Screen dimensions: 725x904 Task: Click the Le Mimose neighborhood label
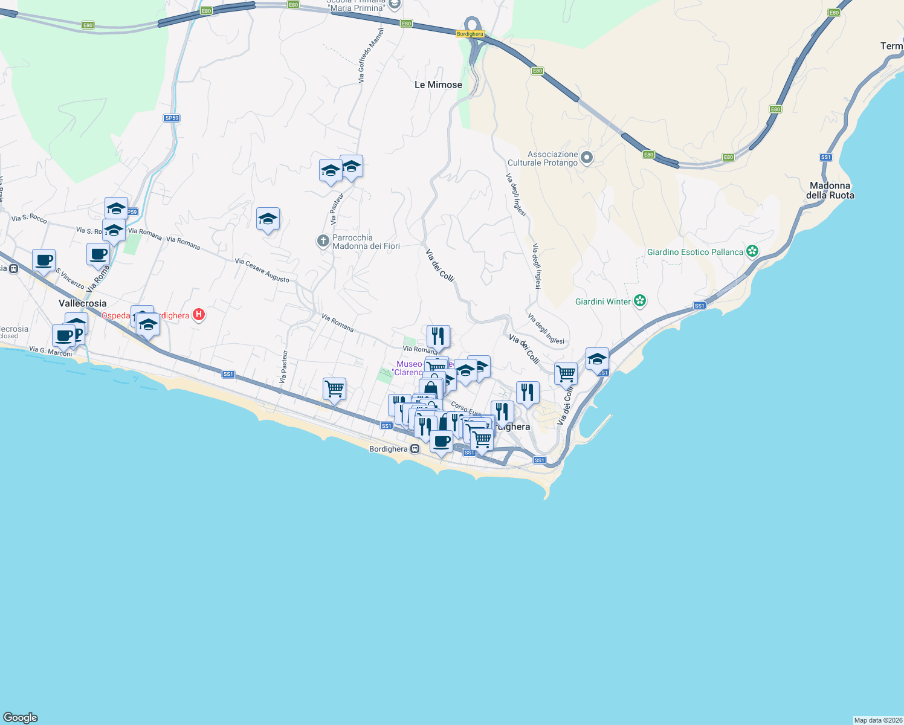pyautogui.click(x=438, y=85)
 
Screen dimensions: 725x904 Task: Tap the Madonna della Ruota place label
pyautogui.click(x=830, y=190)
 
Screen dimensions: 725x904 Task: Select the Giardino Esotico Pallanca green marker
pyautogui.click(x=752, y=251)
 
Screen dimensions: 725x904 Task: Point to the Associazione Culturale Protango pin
pyautogui.click(x=586, y=158)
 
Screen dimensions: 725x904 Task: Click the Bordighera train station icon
pyautogui.click(x=415, y=449)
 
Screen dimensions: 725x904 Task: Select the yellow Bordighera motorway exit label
pyautogui.click(x=470, y=34)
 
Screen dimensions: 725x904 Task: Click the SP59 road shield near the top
pyautogui.click(x=172, y=118)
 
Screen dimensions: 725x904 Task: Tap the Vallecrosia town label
pyautogui.click(x=83, y=303)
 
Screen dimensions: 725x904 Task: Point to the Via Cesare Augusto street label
pyautogui.click(x=262, y=270)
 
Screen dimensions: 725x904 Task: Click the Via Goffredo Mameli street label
pyautogui.click(x=370, y=56)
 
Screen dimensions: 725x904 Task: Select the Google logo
pyautogui.click(x=21, y=717)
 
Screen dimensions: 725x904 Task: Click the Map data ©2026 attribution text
pyautogui.click(x=878, y=720)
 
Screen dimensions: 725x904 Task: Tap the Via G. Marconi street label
pyautogui.click(x=50, y=351)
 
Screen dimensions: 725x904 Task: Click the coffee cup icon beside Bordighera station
pyautogui.click(x=442, y=441)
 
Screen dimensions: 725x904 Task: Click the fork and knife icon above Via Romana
pyautogui.click(x=438, y=336)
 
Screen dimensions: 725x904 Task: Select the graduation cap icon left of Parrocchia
pyautogui.click(x=268, y=219)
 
